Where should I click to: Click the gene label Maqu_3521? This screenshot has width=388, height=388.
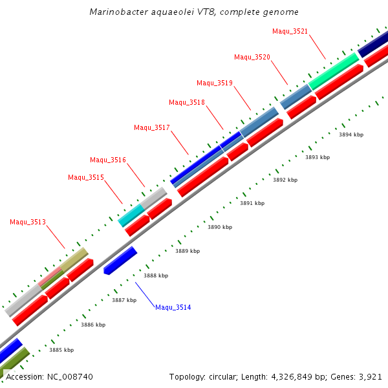point(290,31)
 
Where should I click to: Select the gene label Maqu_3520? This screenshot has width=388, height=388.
point(252,58)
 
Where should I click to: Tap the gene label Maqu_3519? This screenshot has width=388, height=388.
point(215,83)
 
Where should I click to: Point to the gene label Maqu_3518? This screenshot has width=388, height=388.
point(187,102)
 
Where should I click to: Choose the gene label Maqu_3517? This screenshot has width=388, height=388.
point(152,127)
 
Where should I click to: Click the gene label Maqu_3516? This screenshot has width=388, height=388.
point(108,160)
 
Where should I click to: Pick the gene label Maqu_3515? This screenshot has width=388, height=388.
point(86,177)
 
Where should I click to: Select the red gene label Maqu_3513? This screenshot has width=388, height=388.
point(28,222)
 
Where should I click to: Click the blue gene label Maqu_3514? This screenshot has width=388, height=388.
point(173,307)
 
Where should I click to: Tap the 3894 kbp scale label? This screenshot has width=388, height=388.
point(351,135)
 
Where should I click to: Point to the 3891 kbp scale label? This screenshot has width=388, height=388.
point(252,203)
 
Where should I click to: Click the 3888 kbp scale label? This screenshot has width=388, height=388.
point(156,275)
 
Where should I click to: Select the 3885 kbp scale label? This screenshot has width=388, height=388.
point(61,350)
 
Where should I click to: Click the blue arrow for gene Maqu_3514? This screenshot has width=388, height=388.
point(120,260)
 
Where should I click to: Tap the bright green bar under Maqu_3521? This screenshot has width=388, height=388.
point(334,71)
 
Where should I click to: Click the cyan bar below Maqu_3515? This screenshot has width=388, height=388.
point(131,215)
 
